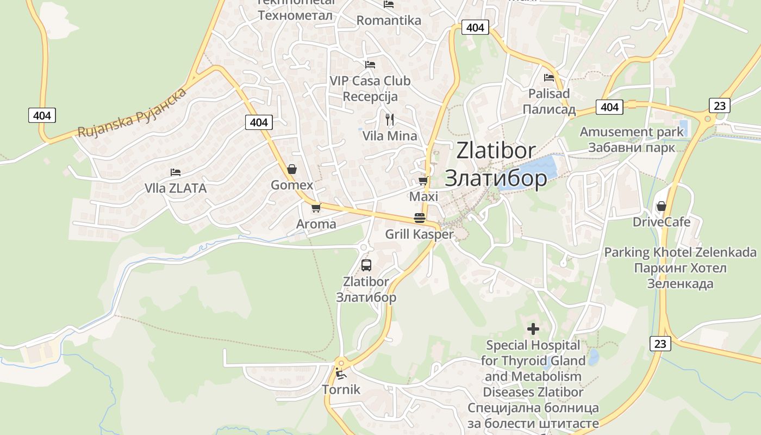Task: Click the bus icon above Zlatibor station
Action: pyautogui.click(x=366, y=265)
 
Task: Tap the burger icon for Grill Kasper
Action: pyautogui.click(x=420, y=219)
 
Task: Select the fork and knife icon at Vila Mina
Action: pyautogui.click(x=389, y=120)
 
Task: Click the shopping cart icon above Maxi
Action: pyautogui.click(x=423, y=181)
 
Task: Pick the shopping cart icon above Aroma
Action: pyautogui.click(x=316, y=208)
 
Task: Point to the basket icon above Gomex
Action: pyautogui.click(x=292, y=169)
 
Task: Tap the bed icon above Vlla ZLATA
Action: pyautogui.click(x=175, y=172)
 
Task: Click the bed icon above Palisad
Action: pyautogui.click(x=548, y=78)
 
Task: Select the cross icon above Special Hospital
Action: pyautogui.click(x=533, y=328)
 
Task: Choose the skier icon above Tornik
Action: pyautogui.click(x=341, y=374)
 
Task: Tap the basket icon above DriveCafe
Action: pyautogui.click(x=661, y=206)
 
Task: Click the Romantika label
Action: pyautogui.click(x=389, y=21)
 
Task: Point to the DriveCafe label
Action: pyautogui.click(x=662, y=222)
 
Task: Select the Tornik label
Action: pyautogui.click(x=341, y=389)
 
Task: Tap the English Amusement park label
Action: pyautogui.click(x=632, y=132)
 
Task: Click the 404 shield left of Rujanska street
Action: pyautogui.click(x=42, y=115)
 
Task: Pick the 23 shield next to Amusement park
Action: pyautogui.click(x=719, y=105)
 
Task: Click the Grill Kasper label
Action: pyautogui.click(x=419, y=234)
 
